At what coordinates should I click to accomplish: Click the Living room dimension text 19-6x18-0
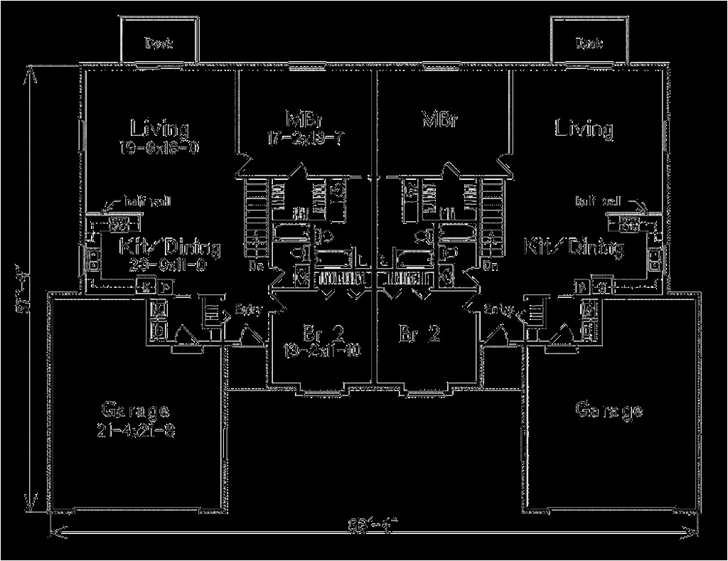pos(159,147)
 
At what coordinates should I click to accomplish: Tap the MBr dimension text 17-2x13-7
pos(306,138)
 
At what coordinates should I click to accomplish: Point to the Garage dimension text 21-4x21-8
pos(135,430)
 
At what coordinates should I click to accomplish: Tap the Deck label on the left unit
pos(159,44)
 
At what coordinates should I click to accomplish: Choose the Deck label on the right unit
pos(589,44)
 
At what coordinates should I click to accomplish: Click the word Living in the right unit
pos(584,129)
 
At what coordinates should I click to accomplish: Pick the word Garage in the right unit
pos(609,410)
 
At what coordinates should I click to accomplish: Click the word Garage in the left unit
pos(135,411)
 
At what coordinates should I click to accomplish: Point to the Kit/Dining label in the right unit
pos(574,247)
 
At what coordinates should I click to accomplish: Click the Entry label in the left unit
pos(248,309)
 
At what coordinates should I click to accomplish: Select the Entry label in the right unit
pos(500,309)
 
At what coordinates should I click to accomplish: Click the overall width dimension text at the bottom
pos(373,528)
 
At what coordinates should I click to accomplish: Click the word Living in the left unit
pos(159,129)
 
